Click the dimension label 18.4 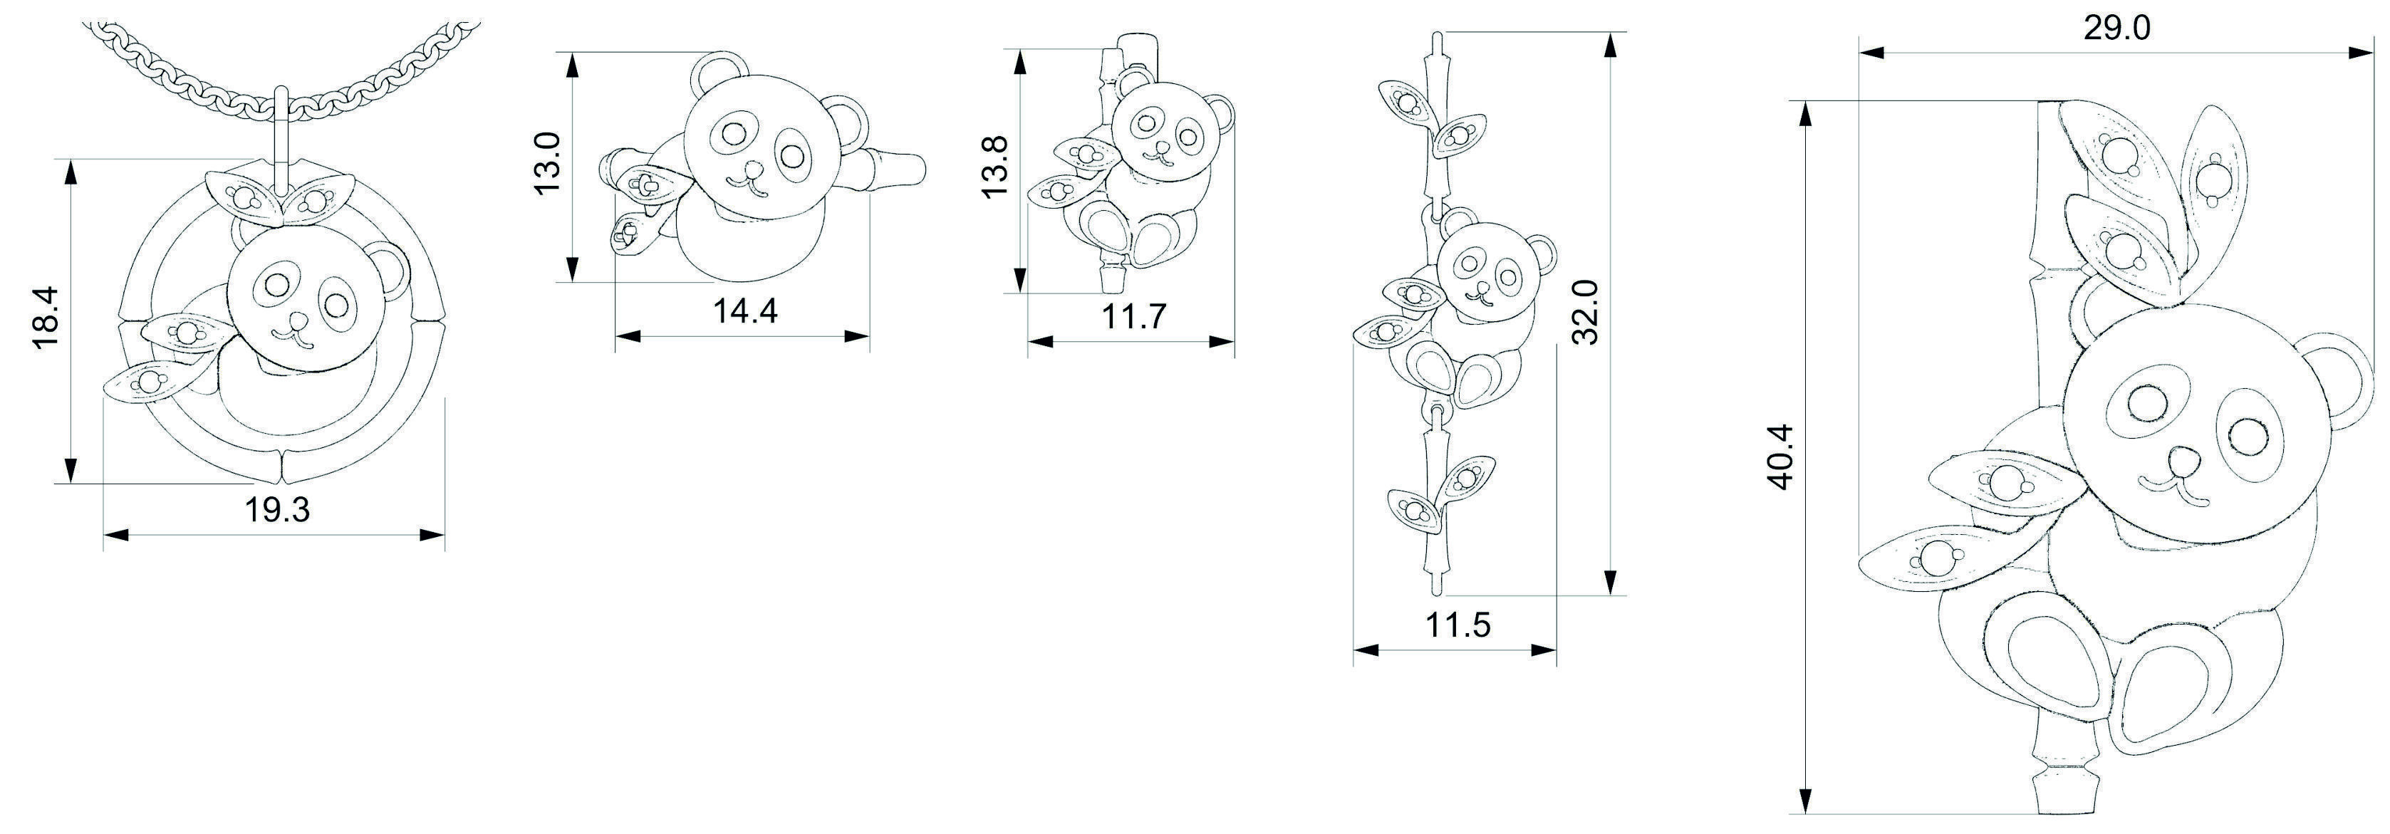46,317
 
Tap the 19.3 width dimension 277,509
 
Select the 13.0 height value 547,162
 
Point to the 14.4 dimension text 745,311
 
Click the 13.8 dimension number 994,166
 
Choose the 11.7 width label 1133,317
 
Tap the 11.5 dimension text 1458,625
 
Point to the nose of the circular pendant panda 298,320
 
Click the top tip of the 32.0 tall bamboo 1436,39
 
